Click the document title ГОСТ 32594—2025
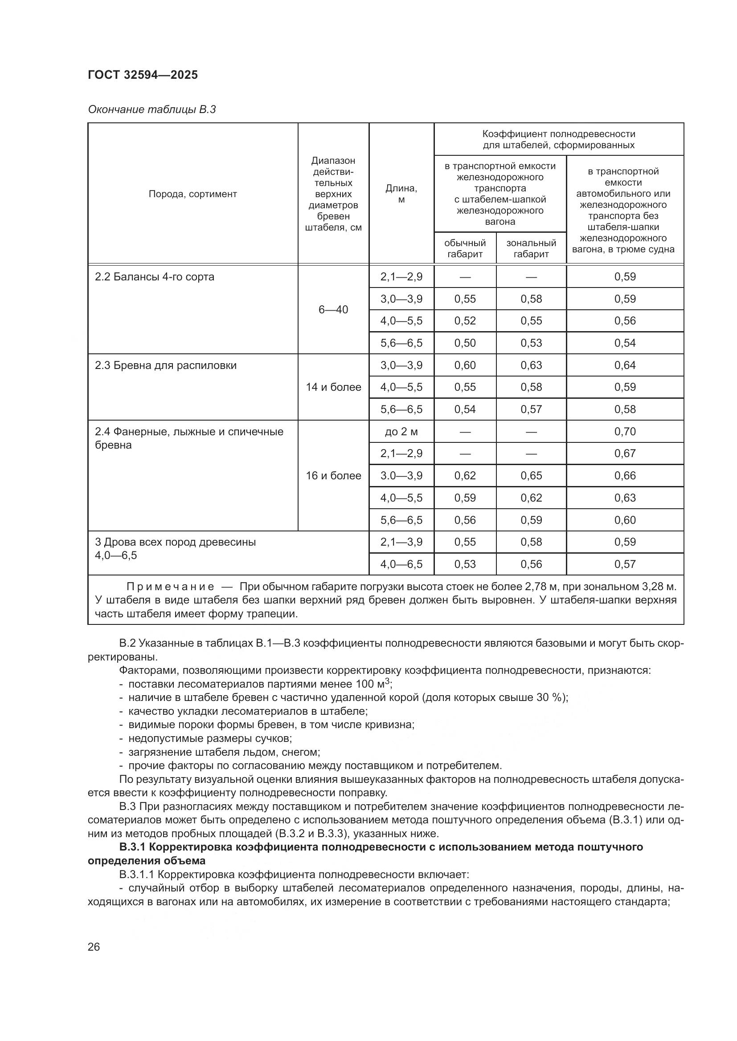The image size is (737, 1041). (143, 75)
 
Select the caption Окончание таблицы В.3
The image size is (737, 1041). (151, 109)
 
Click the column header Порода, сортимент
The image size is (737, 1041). (192, 194)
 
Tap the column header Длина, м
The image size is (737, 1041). (401, 194)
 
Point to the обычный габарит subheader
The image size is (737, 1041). (465, 248)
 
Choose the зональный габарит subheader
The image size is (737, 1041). (531, 248)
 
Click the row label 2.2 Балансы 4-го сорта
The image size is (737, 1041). (154, 276)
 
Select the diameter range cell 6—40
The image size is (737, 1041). (333, 310)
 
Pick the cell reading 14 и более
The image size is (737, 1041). (333, 387)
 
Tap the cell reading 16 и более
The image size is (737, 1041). (333, 476)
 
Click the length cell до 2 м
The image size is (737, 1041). (401, 432)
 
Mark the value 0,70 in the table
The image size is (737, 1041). (625, 432)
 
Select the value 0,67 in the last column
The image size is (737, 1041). (625, 454)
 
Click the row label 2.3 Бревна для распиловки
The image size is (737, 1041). (166, 365)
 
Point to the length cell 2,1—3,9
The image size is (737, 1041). (401, 542)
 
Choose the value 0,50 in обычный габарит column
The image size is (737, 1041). (465, 343)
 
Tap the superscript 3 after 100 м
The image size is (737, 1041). (387, 680)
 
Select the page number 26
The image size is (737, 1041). (94, 947)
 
